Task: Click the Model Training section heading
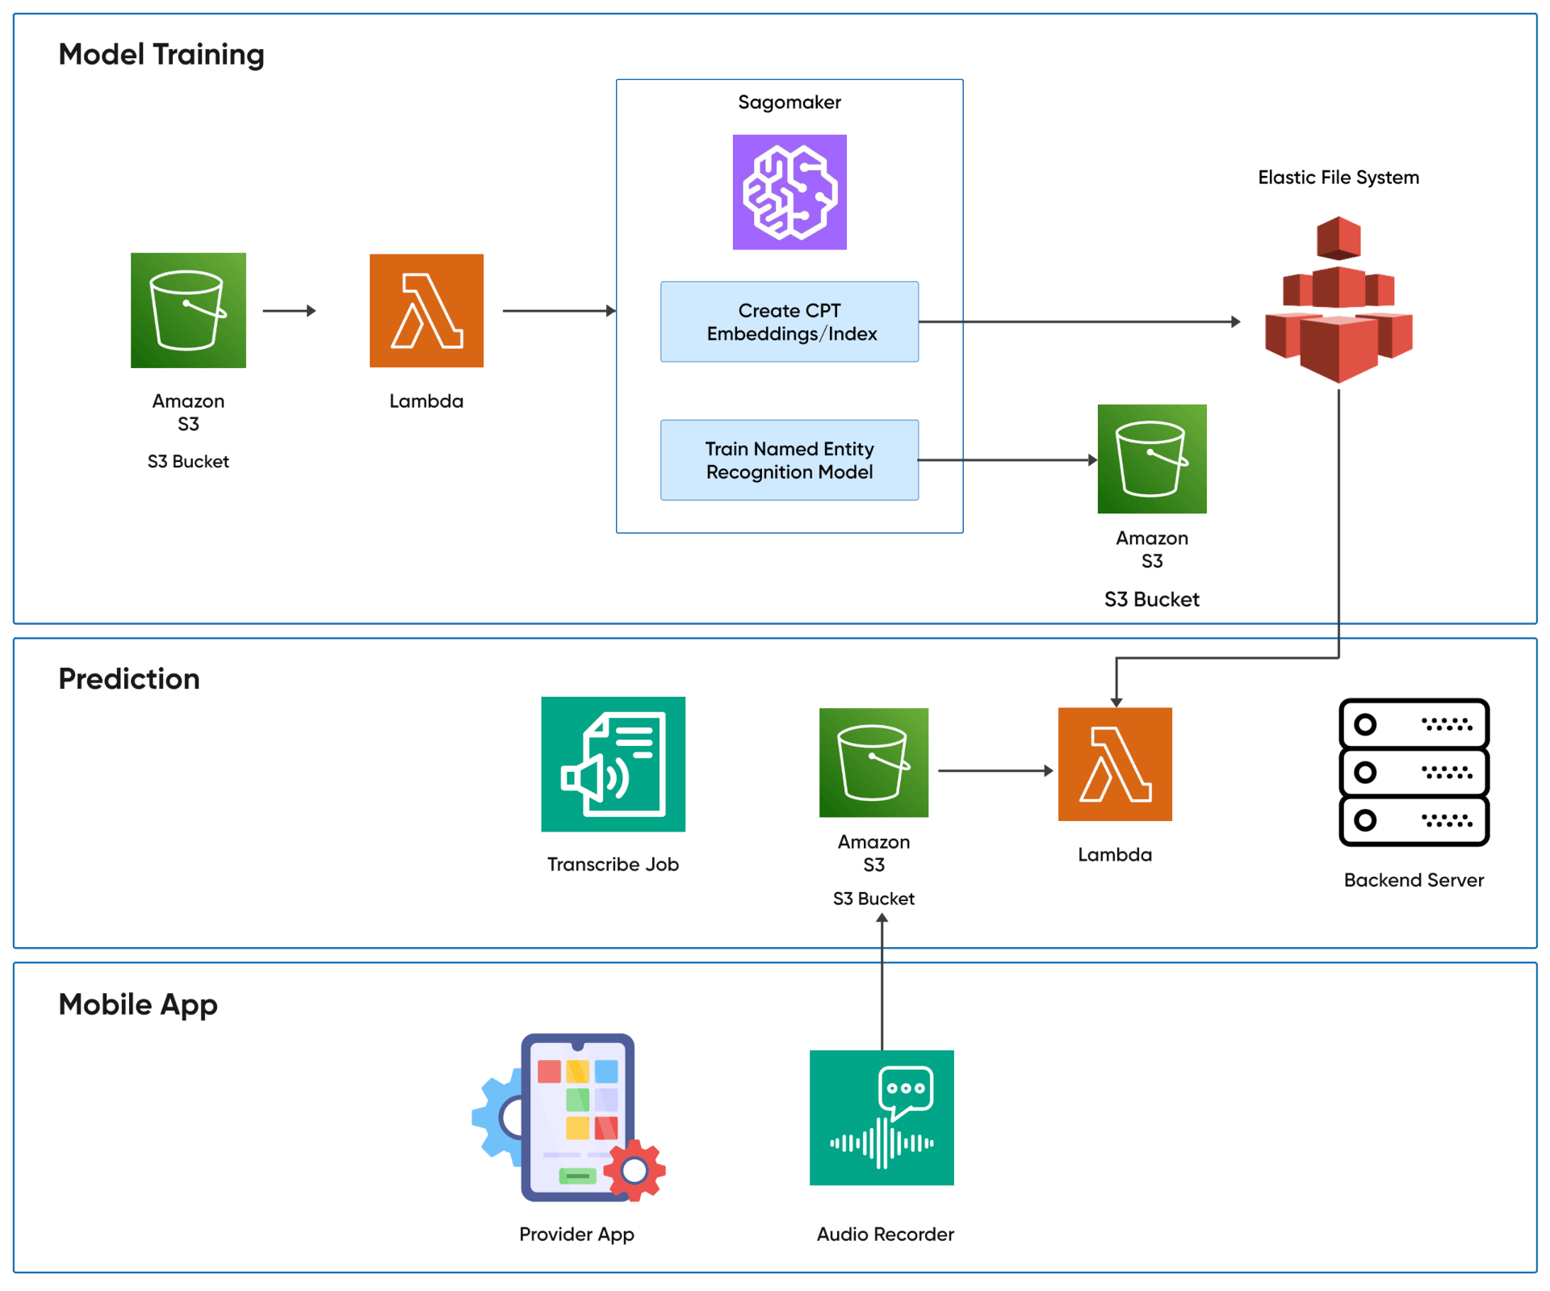[x=161, y=55]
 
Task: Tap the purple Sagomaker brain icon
[x=790, y=192]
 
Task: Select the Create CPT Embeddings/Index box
[x=790, y=321]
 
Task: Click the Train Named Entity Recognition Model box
[x=790, y=460]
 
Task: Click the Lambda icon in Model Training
[x=426, y=311]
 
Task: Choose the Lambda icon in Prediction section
[x=1115, y=765]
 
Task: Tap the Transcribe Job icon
[x=613, y=764]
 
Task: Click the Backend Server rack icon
[x=1414, y=772]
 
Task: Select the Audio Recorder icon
[x=882, y=1117]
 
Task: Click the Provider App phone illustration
[x=576, y=1117]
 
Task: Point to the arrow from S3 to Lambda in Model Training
[x=289, y=311]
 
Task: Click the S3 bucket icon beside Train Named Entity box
[x=1152, y=459]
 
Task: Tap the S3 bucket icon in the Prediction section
[x=873, y=762]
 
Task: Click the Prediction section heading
[x=129, y=679]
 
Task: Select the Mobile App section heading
[x=138, y=1004]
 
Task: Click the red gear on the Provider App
[x=635, y=1170]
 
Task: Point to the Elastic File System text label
[x=1338, y=178]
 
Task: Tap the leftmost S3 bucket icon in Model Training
[x=188, y=311]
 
